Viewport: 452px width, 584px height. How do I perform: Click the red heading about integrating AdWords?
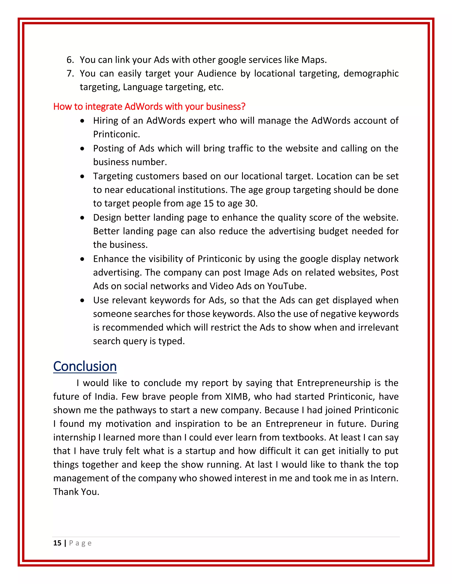[149, 106]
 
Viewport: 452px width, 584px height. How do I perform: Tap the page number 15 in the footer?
[57, 543]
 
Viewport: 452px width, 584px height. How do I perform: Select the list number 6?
[70, 60]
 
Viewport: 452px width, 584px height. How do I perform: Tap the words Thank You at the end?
[76, 491]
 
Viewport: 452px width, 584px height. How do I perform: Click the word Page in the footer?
[80, 543]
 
